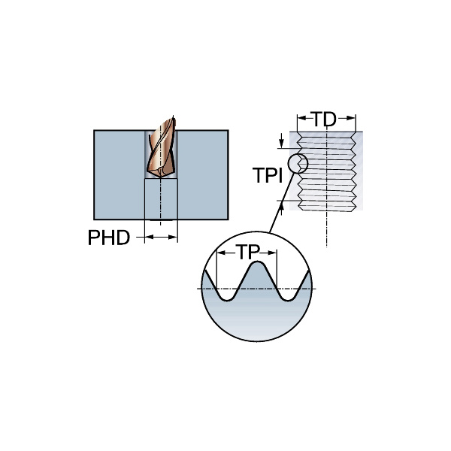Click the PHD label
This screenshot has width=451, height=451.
tap(108, 238)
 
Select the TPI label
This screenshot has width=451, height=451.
tap(267, 176)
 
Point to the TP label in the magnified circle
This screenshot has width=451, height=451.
tap(247, 253)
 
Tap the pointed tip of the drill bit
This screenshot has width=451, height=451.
tap(160, 177)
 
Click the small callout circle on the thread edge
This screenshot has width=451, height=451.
tap(298, 162)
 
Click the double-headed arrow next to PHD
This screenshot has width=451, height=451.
tap(160, 238)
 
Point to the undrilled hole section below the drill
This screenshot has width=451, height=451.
tap(160, 199)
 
